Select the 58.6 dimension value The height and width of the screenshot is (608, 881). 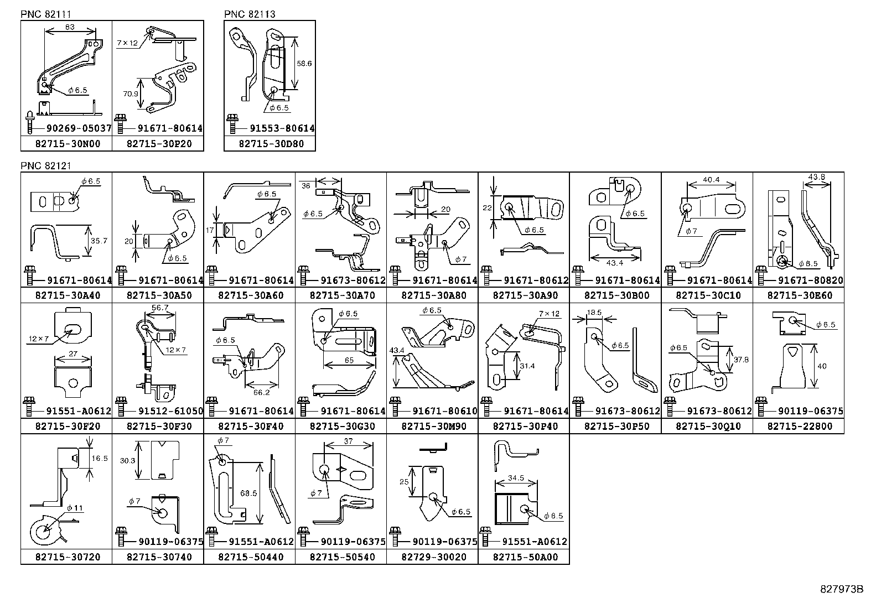pyautogui.click(x=304, y=64)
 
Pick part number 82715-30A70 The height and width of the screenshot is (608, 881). pyautogui.click(x=340, y=295)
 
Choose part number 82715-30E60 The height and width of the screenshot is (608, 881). pyautogui.click(x=799, y=295)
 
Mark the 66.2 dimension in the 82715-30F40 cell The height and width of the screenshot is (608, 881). pyautogui.click(x=261, y=392)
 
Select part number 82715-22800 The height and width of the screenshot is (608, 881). pyautogui.click(x=799, y=426)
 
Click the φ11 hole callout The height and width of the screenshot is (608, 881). pyautogui.click(x=74, y=508)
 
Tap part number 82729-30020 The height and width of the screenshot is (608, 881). pyautogui.click(x=432, y=557)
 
